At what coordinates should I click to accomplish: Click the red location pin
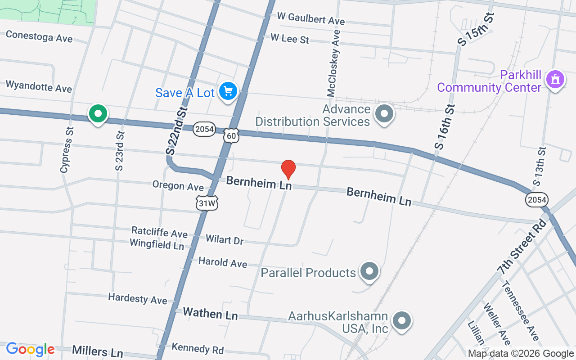[288, 169]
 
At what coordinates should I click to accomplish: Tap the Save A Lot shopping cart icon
[228, 91]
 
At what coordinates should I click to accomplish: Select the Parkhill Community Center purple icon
[555, 80]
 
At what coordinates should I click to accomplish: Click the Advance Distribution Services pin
[384, 114]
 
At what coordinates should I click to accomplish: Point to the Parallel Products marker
[369, 271]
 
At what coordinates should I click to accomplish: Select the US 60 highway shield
[231, 135]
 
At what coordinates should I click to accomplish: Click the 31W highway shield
[207, 203]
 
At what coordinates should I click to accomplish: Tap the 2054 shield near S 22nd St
[204, 129]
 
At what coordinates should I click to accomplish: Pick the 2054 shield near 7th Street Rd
[537, 199]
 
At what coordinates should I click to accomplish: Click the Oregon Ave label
[178, 185]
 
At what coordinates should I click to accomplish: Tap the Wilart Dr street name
[224, 239]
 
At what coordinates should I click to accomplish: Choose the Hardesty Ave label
[137, 298]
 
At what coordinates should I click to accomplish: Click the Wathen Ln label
[210, 313]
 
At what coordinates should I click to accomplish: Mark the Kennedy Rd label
[198, 348]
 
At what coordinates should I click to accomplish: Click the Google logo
[30, 349]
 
